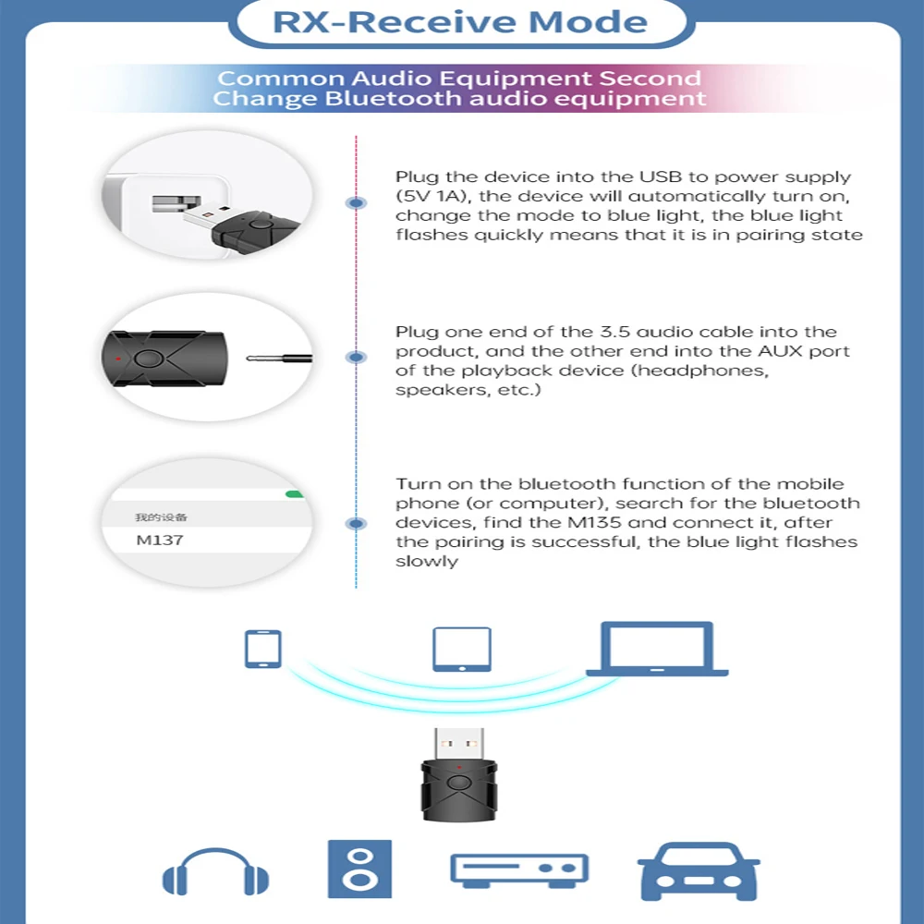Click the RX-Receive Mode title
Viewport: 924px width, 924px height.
459,22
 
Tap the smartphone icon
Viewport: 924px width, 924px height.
262,648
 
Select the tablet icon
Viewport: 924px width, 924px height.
461,649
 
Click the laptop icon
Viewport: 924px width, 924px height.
656,649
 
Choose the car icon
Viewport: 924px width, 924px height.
699,869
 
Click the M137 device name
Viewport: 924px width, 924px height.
160,540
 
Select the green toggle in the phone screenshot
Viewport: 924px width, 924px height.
295,494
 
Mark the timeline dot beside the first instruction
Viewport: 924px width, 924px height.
356,202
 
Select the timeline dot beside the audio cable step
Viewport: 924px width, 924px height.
356,358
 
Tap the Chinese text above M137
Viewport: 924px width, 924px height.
161,517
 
